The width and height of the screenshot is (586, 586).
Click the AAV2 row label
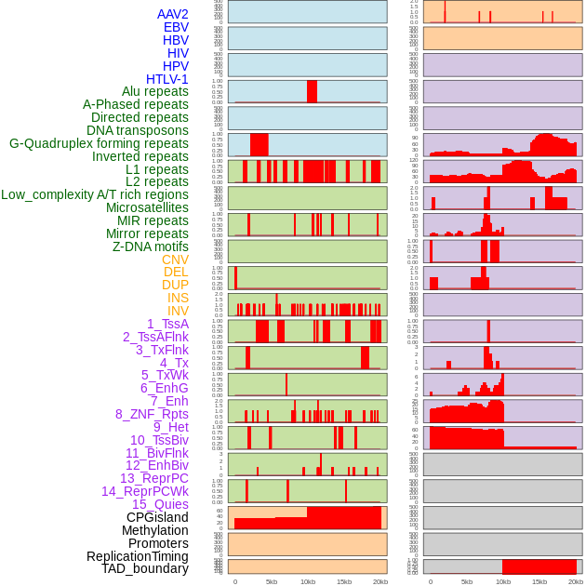point(172,14)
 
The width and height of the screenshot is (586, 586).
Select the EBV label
point(176,27)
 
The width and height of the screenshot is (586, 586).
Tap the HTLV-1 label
point(167,79)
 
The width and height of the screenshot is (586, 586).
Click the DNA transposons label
point(138,130)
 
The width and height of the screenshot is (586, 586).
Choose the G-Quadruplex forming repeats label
point(99,143)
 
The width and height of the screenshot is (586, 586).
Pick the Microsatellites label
point(147,207)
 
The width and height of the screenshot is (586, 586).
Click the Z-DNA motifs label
point(151,246)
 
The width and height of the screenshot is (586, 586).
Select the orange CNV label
point(175,260)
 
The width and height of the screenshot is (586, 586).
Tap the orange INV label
point(178,311)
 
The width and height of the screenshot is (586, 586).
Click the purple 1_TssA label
point(167,324)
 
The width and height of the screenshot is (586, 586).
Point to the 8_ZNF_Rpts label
point(152,414)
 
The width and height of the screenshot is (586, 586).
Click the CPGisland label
point(157,517)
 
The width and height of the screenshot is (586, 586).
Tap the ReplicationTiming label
point(138,556)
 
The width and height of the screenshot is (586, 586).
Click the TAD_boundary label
point(145,568)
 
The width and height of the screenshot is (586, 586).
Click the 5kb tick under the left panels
point(272,581)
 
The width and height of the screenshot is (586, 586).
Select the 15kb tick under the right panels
point(539,581)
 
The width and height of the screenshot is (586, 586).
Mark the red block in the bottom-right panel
point(539,566)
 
